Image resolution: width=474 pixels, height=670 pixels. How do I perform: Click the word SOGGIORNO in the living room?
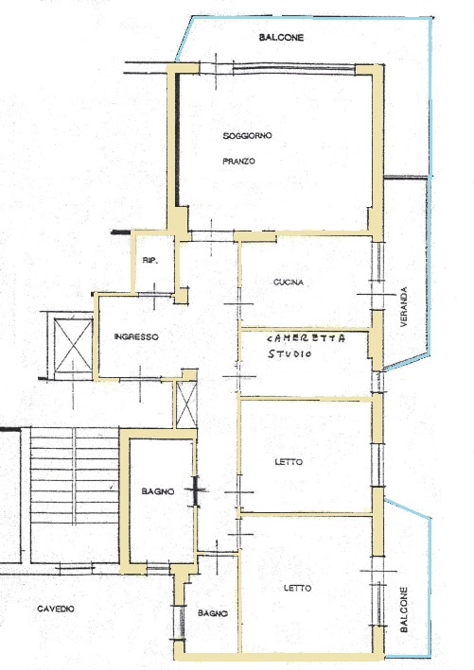(247, 136)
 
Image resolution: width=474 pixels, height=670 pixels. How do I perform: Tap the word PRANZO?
(238, 161)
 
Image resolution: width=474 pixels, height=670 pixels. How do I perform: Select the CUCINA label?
(289, 282)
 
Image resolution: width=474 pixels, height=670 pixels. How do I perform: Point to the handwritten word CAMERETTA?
(307, 338)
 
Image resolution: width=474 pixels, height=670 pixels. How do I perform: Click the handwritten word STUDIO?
(290, 353)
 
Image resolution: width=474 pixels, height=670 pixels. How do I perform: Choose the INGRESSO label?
(136, 336)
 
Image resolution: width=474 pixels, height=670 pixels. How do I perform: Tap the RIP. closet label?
(150, 260)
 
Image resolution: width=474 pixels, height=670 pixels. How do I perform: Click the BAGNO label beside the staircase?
(158, 491)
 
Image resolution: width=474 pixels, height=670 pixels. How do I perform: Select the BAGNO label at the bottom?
(212, 613)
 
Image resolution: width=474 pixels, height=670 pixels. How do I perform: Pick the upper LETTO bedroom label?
(289, 462)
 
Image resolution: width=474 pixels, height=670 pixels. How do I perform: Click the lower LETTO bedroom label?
(297, 588)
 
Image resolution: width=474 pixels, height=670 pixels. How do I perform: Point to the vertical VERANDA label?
(404, 307)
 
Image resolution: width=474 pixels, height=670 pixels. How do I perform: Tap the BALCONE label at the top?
(281, 38)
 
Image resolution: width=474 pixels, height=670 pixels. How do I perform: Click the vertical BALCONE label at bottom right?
(404, 610)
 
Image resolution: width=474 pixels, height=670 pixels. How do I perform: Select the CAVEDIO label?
(56, 609)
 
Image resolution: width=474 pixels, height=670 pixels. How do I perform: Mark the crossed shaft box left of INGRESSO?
(73, 346)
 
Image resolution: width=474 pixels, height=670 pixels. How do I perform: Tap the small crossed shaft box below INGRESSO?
(186, 404)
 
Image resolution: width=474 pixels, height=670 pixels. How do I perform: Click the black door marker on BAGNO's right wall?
(196, 490)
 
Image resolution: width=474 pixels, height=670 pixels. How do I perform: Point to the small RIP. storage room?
(153, 264)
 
